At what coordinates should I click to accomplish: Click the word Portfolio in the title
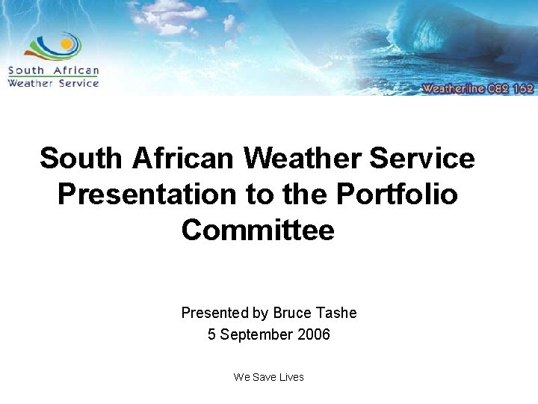[397, 194]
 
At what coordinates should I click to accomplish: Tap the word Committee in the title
[258, 229]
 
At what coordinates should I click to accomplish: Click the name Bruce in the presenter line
[292, 313]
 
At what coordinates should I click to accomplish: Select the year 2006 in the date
[313, 334]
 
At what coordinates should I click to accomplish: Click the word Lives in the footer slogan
[291, 377]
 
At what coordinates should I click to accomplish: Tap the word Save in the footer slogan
[264, 377]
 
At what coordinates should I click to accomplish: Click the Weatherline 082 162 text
[477, 88]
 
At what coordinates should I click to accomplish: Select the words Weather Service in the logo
[53, 83]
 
